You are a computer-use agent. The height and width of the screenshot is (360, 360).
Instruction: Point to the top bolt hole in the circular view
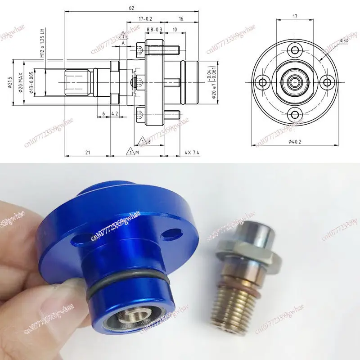click(295, 50)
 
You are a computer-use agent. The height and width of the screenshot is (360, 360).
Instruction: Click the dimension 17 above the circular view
click(295, 16)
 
